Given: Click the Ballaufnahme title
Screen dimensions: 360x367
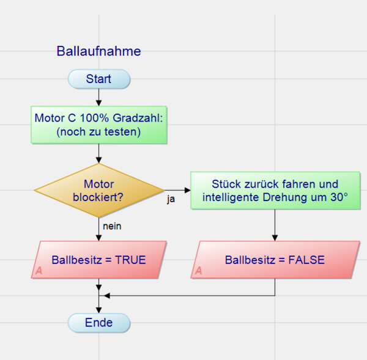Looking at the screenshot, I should tap(98, 51).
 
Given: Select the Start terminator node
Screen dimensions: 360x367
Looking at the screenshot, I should tap(98, 79).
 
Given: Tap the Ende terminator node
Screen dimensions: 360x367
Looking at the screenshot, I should tap(98, 322).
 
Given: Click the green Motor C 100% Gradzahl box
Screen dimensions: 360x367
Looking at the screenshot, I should tap(98, 124).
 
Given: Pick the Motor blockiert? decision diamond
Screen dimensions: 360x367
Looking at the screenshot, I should tap(98, 190).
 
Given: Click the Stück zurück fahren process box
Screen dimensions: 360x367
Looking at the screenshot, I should tap(275, 191).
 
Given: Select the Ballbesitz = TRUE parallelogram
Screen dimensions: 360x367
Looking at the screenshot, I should tap(98, 260).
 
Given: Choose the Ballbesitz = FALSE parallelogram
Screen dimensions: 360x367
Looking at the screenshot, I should tap(275, 260).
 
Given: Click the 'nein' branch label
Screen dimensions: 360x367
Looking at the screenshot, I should tap(112, 226).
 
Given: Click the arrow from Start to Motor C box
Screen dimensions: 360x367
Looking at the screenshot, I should tap(98, 97).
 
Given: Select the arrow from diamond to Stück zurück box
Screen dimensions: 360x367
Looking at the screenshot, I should tap(177, 189).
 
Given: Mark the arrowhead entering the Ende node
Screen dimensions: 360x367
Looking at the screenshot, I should tap(98, 310).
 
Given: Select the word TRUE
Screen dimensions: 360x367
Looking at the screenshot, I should tap(130, 260).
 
